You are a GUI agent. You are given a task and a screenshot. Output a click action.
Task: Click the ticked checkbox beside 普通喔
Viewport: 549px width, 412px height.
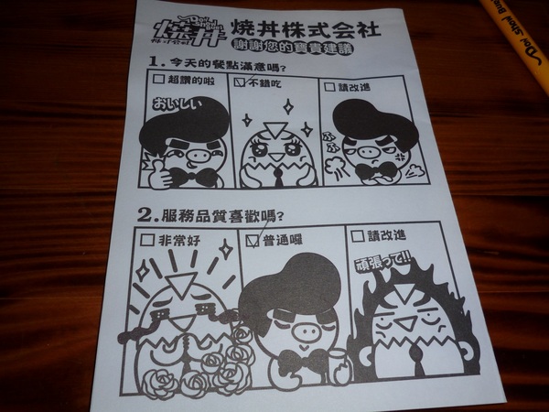pos(253,240)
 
